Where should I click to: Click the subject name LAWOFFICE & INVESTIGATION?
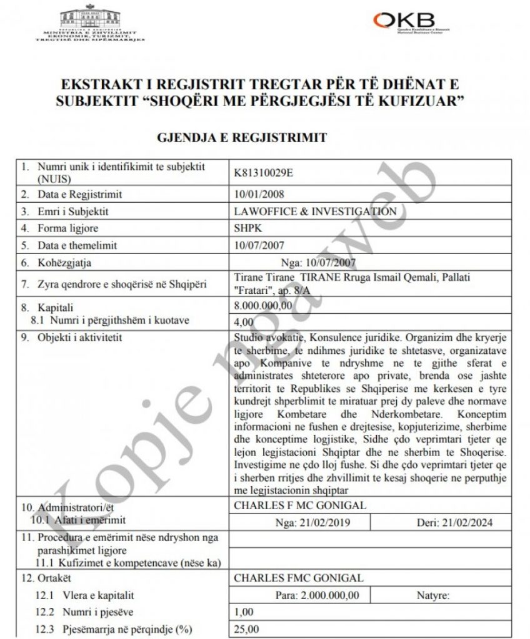pyautogui.click(x=314, y=211)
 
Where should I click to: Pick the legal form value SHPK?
pyautogui.click(x=245, y=228)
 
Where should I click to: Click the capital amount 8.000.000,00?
pyautogui.click(x=262, y=306)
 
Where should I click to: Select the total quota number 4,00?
pyautogui.click(x=242, y=321)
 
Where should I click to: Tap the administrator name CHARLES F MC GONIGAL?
pyautogui.click(x=299, y=505)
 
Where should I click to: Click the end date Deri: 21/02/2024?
pyautogui.click(x=454, y=522)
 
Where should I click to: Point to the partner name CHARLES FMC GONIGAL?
pyautogui.click(x=297, y=578)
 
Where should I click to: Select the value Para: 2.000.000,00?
pyautogui.click(x=316, y=595)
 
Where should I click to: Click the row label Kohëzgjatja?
pyautogui.click(x=67, y=263)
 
